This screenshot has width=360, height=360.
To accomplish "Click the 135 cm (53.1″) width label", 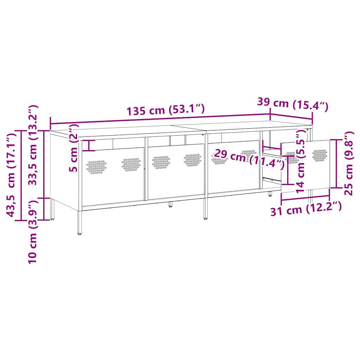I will [x=166, y=110].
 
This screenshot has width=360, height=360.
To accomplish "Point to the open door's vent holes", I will [x=319, y=155].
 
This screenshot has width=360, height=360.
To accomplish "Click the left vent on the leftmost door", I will [x=96, y=167].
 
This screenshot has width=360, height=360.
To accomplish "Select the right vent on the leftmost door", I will [x=131, y=163].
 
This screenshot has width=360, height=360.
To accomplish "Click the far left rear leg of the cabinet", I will [x=53, y=210].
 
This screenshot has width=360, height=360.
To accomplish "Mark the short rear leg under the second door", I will [x=170, y=204].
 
